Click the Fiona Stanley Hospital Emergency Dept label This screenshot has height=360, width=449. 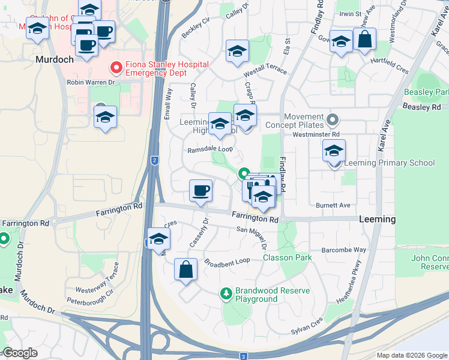point(167,68)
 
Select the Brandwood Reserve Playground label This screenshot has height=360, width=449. point(273,295)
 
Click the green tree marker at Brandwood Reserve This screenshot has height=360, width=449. point(226,294)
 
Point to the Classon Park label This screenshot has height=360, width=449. point(287,257)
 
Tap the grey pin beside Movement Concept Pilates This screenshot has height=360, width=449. point(334,118)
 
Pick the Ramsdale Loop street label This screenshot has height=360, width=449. point(210,150)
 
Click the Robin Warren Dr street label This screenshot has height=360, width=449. point(91,82)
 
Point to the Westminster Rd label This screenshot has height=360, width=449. point(316,134)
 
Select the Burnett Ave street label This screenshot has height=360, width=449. point(333,205)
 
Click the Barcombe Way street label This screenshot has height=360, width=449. point(343,250)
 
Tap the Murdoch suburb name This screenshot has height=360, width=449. point(54,60)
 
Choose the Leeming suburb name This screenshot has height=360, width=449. point(377,220)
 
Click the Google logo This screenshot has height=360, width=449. point(20,353)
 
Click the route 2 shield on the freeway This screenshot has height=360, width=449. point(154,160)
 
